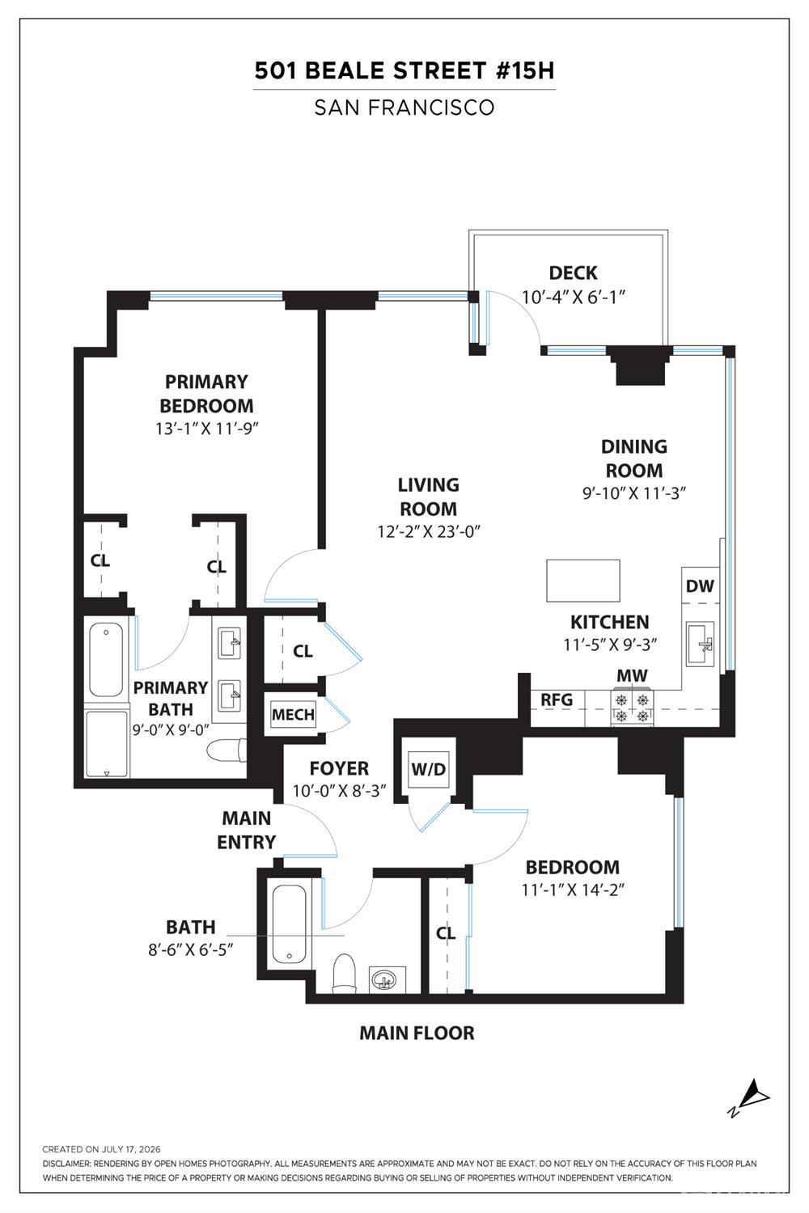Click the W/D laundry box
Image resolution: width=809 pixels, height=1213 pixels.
tap(428, 769)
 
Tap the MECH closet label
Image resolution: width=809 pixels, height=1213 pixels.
tap(293, 715)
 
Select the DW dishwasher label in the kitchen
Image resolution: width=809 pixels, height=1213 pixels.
tap(700, 586)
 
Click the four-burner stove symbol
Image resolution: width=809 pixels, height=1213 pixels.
tap(631, 708)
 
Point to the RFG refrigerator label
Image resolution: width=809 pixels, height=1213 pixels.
tap(557, 699)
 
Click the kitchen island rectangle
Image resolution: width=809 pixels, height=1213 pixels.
tap(583, 581)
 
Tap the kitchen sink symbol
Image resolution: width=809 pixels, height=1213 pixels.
tap(701, 644)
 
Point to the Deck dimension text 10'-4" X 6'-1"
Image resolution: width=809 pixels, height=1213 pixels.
tap(574, 298)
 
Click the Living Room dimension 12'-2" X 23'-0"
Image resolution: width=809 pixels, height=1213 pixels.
tap(429, 532)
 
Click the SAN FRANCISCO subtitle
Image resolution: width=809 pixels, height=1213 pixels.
tap(404, 108)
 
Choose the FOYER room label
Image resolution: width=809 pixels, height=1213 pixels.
tap(339, 768)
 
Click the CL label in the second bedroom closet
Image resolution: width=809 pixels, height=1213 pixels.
tap(446, 933)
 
